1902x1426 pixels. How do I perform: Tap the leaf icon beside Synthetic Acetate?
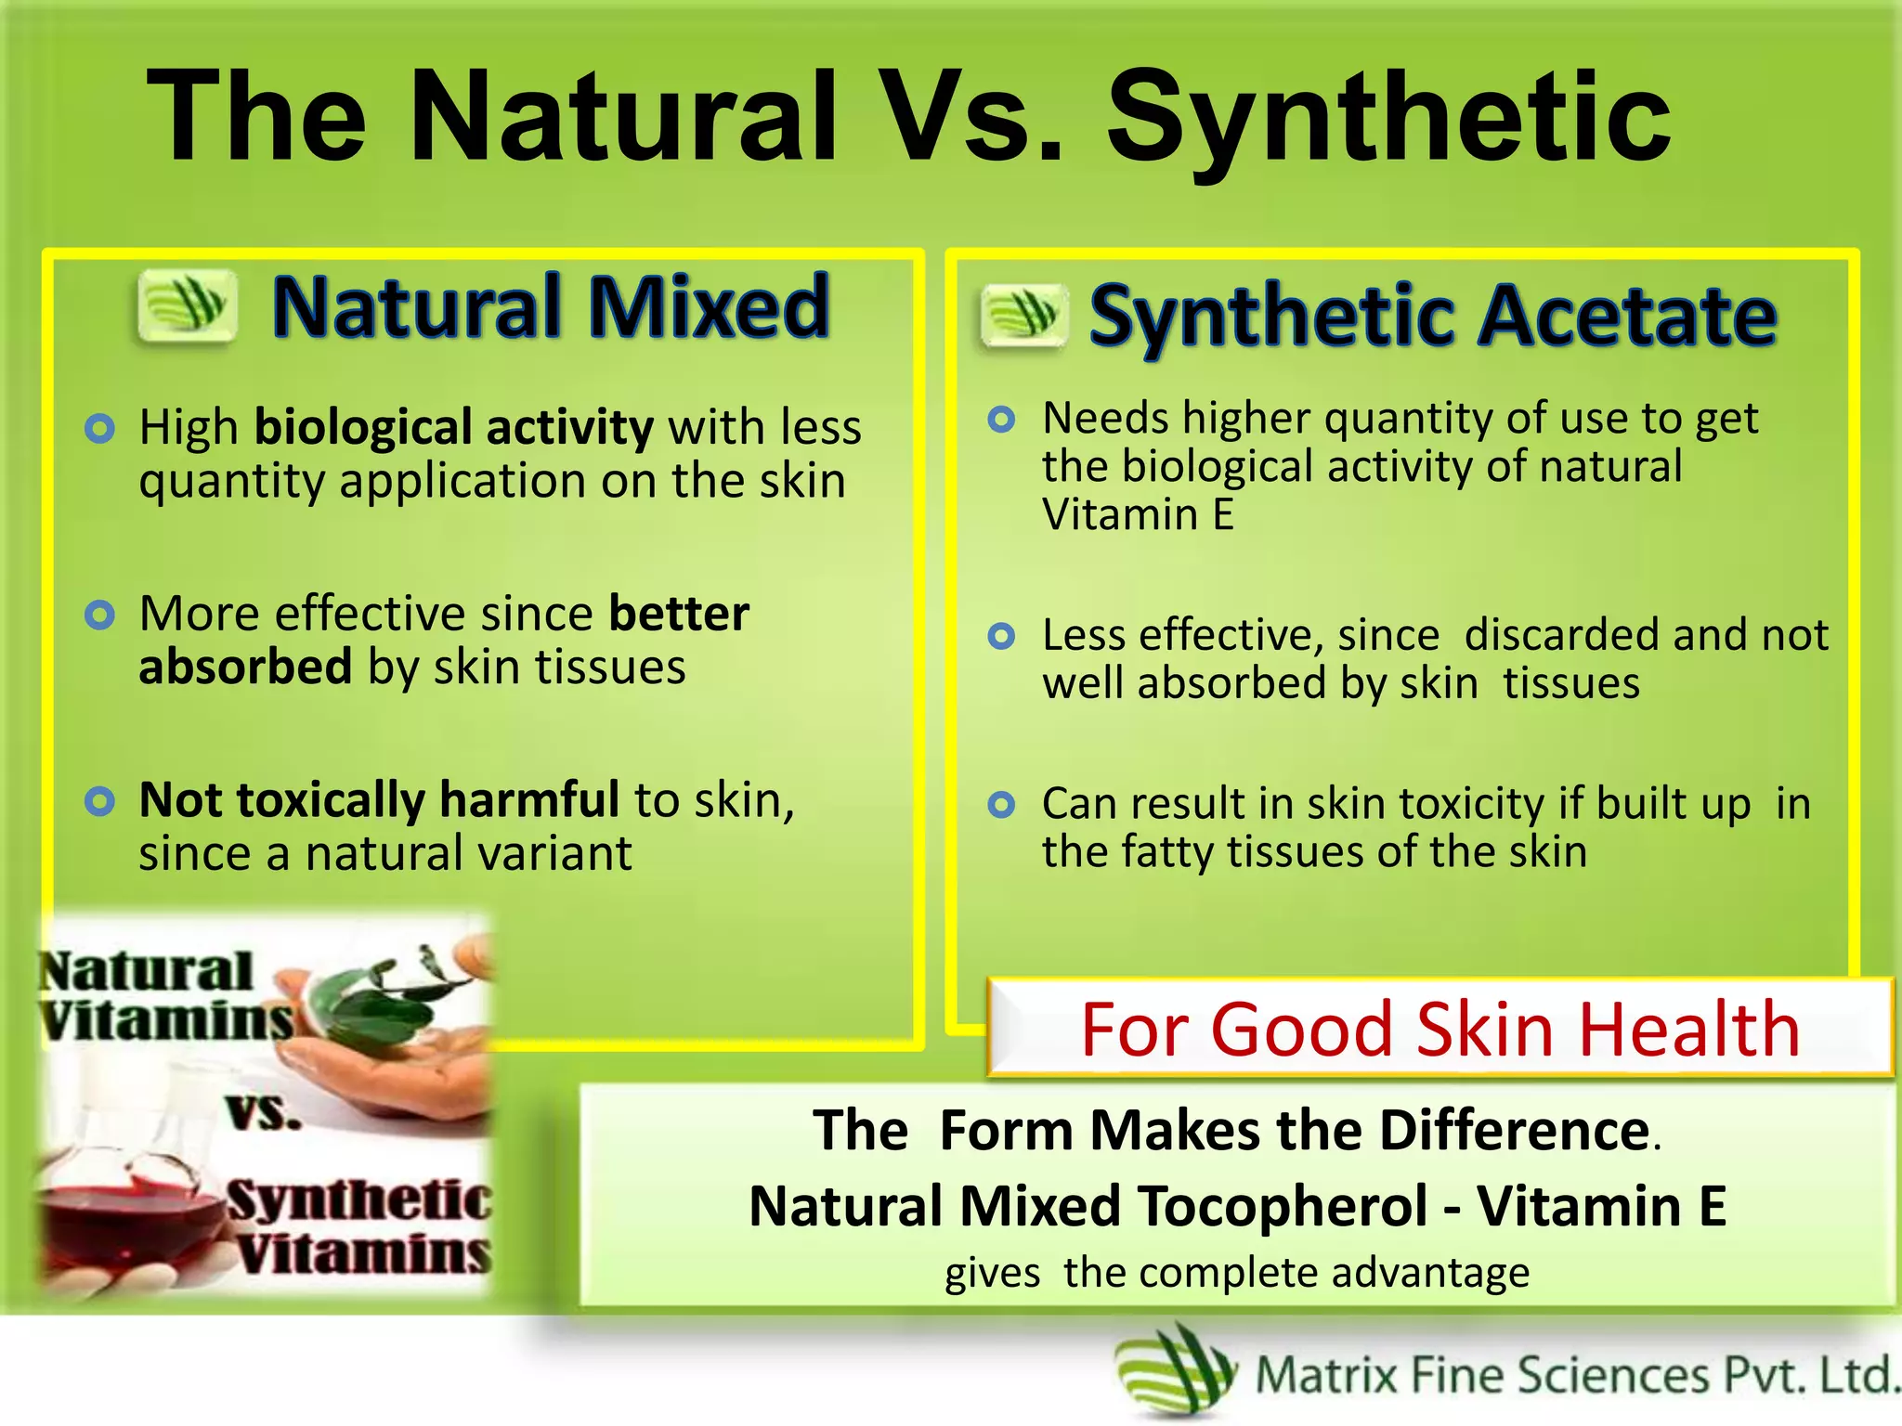1023,316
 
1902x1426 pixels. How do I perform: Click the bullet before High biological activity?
99,429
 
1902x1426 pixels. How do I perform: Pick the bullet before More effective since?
99,615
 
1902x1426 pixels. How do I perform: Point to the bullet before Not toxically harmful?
99,801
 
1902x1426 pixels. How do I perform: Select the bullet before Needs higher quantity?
1001,420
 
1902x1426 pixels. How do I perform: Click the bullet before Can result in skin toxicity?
1001,804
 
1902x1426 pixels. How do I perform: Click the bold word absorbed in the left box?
245,668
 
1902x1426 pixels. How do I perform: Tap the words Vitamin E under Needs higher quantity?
1138,514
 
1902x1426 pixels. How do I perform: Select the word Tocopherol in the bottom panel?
1283,1206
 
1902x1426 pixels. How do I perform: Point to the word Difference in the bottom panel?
1514,1131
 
